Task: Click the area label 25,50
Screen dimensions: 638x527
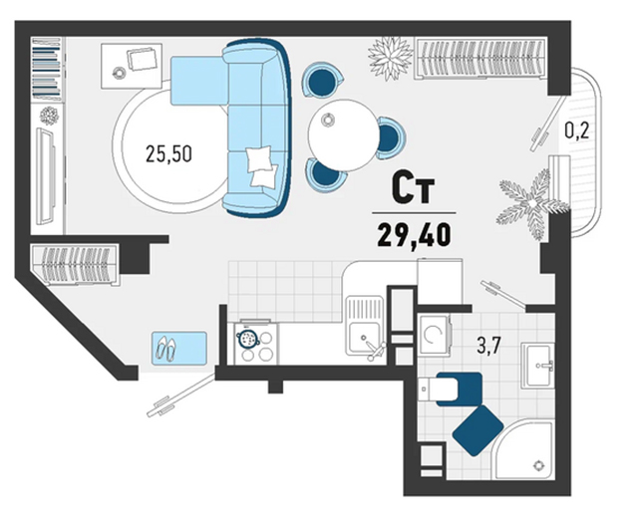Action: [x=168, y=154]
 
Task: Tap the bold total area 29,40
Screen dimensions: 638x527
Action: [x=414, y=236]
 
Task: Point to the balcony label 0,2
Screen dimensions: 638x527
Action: [x=576, y=131]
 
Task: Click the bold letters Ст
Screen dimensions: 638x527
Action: [x=413, y=189]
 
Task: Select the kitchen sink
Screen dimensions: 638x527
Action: [x=365, y=326]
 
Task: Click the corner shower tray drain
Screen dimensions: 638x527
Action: [x=539, y=465]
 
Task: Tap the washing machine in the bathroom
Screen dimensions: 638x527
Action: [x=435, y=335]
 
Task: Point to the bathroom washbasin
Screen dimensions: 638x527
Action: [x=537, y=365]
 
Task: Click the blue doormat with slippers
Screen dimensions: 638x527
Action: [x=179, y=348]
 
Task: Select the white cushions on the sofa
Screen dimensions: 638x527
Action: [x=261, y=165]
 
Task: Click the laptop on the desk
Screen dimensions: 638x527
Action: [x=142, y=59]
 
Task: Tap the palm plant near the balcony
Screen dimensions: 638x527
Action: [x=531, y=202]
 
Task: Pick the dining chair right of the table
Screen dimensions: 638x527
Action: [x=391, y=137]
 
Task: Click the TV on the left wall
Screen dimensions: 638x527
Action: [x=46, y=175]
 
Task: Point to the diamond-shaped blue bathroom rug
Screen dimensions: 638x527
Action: [x=478, y=430]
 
